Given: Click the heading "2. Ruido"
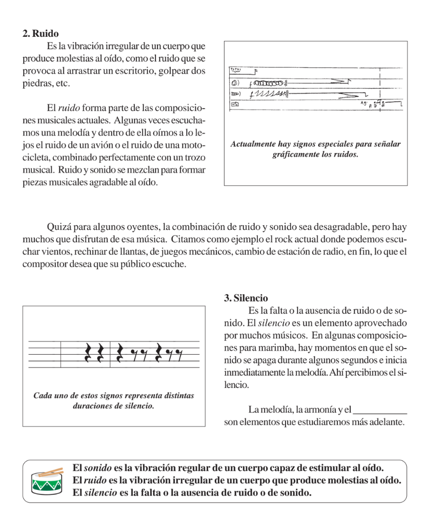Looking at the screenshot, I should coord(44,34).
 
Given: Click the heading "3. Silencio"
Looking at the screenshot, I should coord(246,298).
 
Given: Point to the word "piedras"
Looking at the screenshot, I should coord(36,83).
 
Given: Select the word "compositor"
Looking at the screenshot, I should coord(43,264).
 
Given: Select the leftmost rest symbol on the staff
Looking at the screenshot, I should coord(88,352).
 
